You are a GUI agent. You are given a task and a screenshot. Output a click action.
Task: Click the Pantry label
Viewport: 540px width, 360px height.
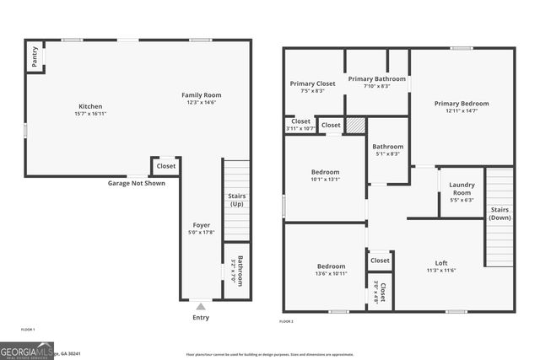pyautogui.click(x=35, y=56)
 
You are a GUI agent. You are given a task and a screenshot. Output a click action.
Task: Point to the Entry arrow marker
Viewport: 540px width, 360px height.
pyautogui.click(x=200, y=306)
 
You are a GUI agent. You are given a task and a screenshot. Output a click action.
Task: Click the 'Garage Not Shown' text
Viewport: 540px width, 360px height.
pyautogui.click(x=136, y=183)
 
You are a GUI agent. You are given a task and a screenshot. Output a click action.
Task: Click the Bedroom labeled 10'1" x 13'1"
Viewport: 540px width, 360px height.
pyautogui.click(x=325, y=175)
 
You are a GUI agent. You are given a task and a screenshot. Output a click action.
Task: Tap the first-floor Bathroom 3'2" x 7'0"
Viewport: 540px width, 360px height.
pyautogui.click(x=240, y=271)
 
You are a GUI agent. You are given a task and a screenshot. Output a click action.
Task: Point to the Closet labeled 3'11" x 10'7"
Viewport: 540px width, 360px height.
pyautogui.click(x=301, y=124)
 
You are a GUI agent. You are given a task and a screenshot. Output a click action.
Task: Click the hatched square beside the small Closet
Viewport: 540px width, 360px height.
pyautogui.click(x=355, y=126)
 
